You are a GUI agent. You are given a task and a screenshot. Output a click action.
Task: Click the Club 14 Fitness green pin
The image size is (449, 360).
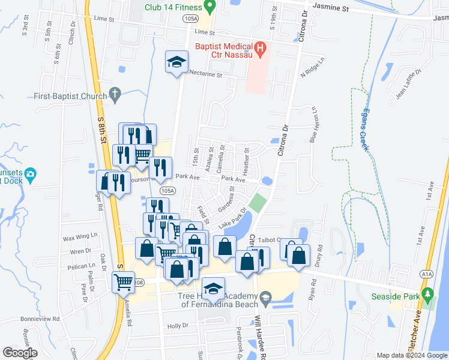click(x=209, y=7)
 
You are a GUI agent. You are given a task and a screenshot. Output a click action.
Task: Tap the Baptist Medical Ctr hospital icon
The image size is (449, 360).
click(x=261, y=49)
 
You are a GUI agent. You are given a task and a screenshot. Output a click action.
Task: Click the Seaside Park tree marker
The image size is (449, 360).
click(x=427, y=295)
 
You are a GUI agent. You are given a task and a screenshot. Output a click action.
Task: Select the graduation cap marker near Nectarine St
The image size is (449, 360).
click(x=177, y=62)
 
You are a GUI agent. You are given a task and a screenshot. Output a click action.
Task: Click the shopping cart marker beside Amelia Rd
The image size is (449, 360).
click(x=124, y=280)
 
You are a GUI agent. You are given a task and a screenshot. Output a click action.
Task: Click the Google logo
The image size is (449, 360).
click(x=20, y=353)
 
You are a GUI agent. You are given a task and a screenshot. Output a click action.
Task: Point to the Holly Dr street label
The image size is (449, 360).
click(x=178, y=326)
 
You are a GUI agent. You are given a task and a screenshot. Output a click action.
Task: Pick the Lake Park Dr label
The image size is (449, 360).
click(x=233, y=219)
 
